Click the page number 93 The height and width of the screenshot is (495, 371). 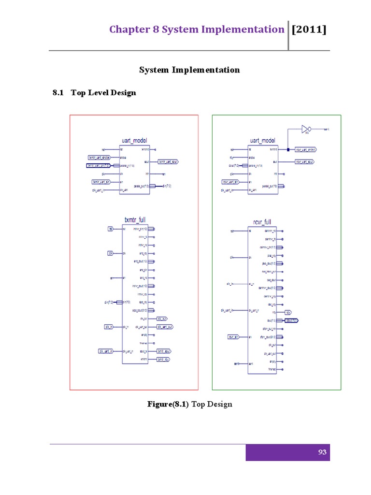(x=322, y=452)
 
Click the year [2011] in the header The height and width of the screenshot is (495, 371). (x=309, y=29)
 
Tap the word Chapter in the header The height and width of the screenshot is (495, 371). (x=127, y=29)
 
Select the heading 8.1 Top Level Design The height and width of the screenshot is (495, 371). (x=94, y=92)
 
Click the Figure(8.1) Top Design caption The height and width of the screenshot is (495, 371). (x=190, y=404)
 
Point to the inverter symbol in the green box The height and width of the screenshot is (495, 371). (x=305, y=129)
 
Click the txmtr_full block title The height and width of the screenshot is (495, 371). (x=135, y=220)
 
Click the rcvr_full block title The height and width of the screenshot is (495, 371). (x=262, y=222)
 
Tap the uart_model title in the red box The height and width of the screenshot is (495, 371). (x=134, y=141)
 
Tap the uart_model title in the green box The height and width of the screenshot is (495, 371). (x=262, y=141)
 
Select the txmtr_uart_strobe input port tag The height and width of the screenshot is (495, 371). (x=99, y=158)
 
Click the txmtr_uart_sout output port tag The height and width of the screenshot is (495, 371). (x=168, y=161)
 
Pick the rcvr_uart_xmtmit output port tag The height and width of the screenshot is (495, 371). (x=305, y=150)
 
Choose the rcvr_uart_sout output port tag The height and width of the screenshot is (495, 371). (x=304, y=161)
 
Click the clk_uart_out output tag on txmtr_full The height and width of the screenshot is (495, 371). (x=165, y=327)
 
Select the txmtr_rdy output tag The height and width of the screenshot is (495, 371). (x=163, y=360)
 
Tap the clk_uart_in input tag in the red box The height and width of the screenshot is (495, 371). (x=105, y=350)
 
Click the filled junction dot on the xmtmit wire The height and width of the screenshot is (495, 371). (x=288, y=150)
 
